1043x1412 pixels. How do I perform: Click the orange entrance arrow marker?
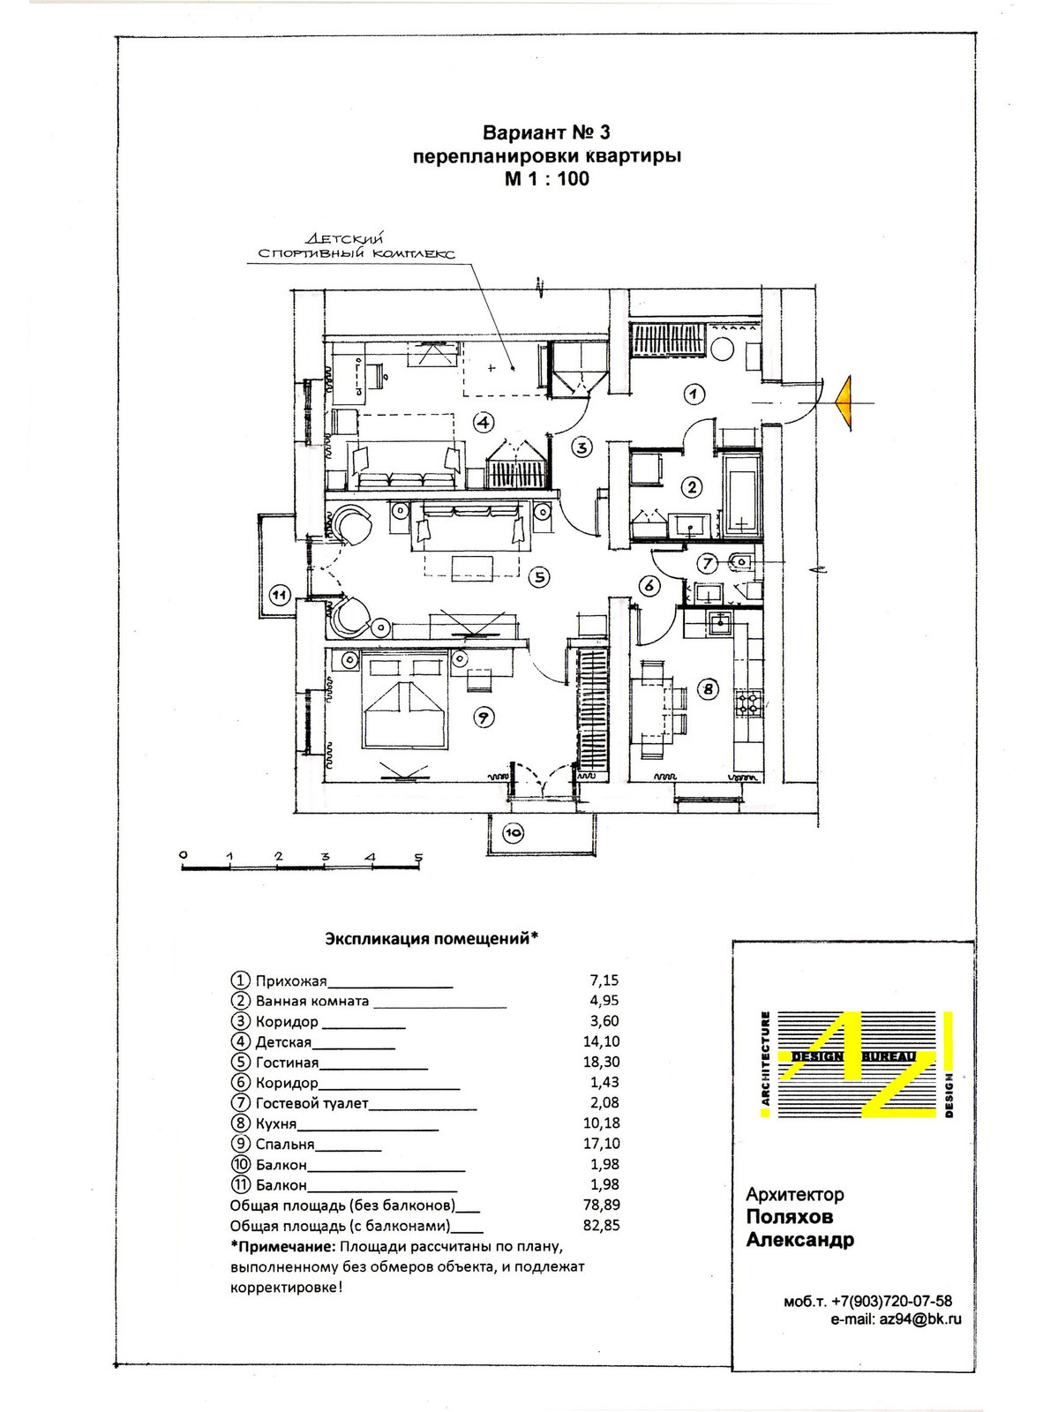point(845,402)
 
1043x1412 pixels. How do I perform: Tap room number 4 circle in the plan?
point(484,422)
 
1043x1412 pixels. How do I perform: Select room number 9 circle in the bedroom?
point(484,717)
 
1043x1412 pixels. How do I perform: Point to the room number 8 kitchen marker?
point(708,689)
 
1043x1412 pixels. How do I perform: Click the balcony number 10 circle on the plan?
point(514,831)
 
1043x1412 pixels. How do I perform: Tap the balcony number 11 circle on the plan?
point(279,595)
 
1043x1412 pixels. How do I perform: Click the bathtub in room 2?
point(742,496)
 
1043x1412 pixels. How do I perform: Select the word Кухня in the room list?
point(275,1123)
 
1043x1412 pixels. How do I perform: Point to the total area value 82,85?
point(601,1226)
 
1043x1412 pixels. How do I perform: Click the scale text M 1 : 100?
point(547,179)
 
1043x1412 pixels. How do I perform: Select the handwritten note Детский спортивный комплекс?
point(356,246)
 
